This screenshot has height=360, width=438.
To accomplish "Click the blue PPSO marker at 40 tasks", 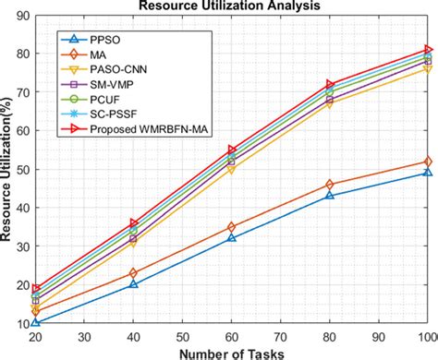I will click(133, 284).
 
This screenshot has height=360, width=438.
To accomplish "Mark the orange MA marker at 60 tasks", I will click(232, 227).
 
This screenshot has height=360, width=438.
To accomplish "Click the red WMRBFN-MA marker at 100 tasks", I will click(428, 50).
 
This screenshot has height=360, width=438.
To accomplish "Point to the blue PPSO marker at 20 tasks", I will click(35, 322).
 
